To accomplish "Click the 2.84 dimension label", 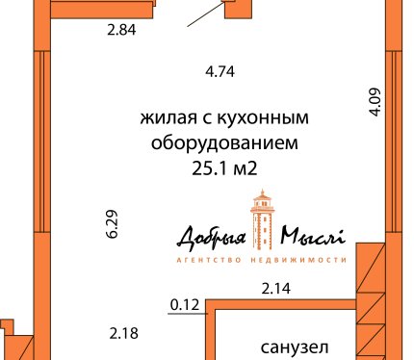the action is point(121,30).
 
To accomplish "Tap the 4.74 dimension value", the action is point(220,71).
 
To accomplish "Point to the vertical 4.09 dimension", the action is point(375,102).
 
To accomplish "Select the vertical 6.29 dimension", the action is point(112,224).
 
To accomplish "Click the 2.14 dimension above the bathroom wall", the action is point(276,288).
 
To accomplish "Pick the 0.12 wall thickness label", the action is point(185,305).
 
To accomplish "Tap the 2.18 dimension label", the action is point(124,333).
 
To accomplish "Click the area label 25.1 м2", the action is point(224,168).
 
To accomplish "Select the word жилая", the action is point(168,118).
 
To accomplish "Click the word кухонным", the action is point(263,117).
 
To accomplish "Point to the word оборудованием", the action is point(224,142).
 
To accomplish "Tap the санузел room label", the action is point(295,347).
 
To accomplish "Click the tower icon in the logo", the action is point(263,219).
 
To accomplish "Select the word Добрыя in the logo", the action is point(212,238).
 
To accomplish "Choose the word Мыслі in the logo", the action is point(313,236).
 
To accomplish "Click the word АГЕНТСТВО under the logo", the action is point(209,260).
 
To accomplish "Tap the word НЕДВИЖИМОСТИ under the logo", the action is point(298,260).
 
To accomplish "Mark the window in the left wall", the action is point(42,141).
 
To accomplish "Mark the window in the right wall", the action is point(394,141).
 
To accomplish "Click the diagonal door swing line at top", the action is point(206,14).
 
